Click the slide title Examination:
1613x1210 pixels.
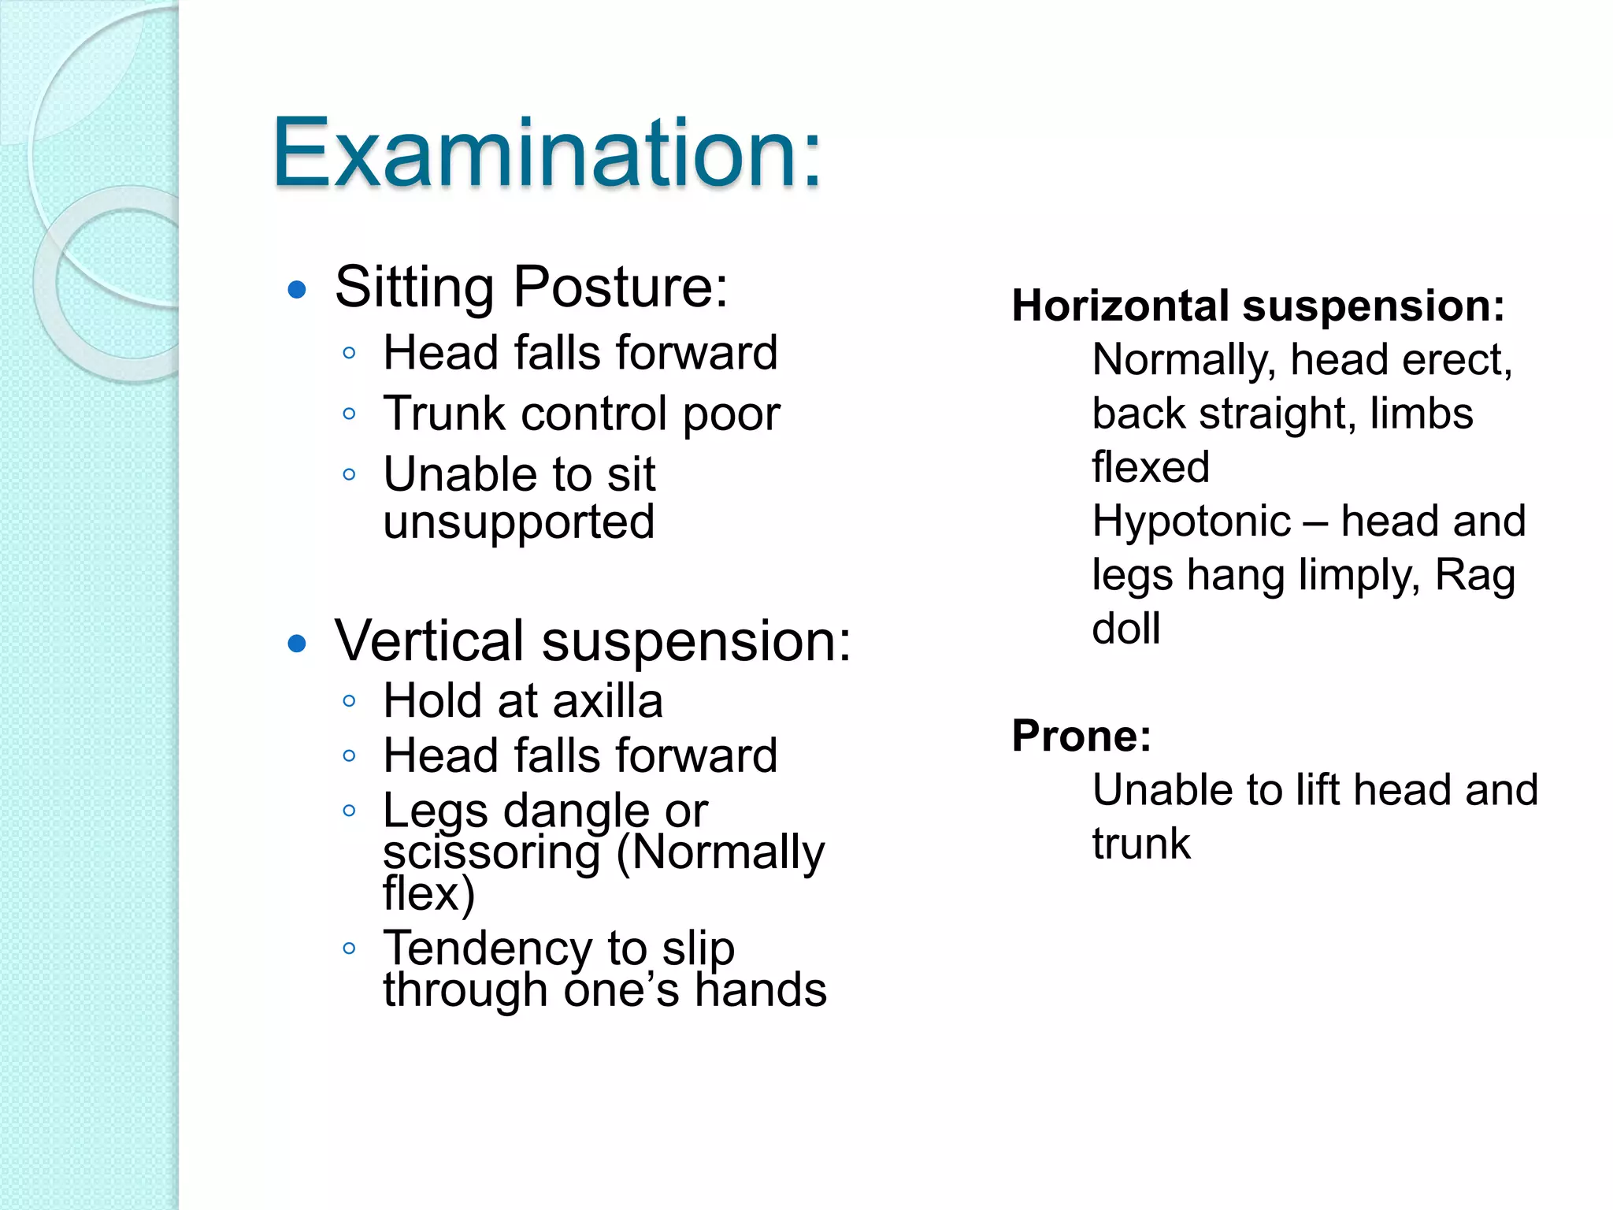coord(547,153)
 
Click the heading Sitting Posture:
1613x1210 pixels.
coord(532,287)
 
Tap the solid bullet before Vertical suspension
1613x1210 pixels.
coord(297,644)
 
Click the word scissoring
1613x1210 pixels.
coord(491,853)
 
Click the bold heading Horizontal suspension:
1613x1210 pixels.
coord(1258,306)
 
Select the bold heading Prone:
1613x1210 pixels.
coord(1081,736)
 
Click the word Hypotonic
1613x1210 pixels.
coord(1191,521)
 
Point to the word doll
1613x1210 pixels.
coord(1125,629)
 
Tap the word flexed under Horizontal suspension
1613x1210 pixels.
coord(1150,467)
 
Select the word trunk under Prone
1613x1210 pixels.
coord(1140,844)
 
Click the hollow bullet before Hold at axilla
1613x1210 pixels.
coord(350,701)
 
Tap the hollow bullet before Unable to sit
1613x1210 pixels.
coord(350,474)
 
